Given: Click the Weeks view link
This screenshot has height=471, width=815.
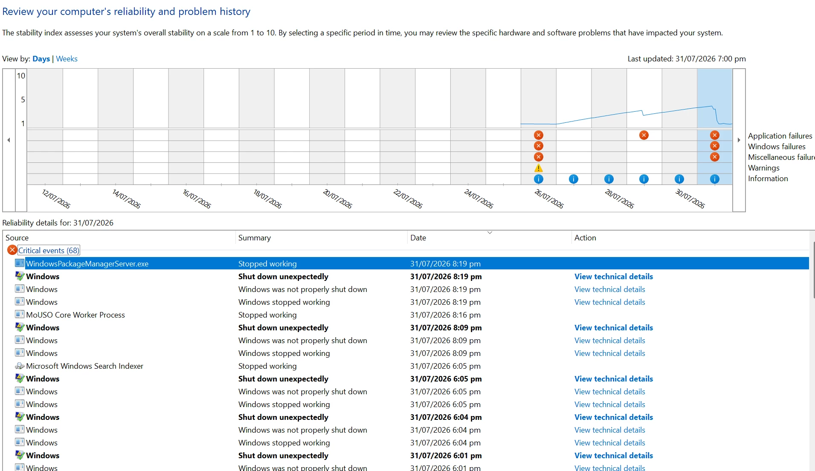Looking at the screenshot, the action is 67,59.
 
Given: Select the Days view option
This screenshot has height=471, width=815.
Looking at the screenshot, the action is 41,59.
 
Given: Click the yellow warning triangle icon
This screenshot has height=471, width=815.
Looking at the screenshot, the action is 539,168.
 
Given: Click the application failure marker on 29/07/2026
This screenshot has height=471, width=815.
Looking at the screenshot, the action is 644,135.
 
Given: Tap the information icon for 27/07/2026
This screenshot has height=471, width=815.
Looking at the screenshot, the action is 574,179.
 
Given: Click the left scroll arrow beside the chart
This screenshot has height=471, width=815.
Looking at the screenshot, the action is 9,140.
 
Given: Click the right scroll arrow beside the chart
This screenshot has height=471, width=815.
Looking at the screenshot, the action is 739,140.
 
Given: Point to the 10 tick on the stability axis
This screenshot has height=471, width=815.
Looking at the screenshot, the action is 21,76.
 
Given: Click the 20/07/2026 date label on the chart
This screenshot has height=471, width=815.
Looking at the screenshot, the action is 337,199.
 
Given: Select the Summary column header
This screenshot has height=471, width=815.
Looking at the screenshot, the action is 255,238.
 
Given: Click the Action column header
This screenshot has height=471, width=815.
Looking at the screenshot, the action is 585,238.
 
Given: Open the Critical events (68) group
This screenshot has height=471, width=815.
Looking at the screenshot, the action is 49,251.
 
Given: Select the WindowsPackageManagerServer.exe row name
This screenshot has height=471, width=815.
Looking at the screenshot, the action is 87,264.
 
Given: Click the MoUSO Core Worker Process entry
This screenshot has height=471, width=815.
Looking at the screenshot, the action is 75,315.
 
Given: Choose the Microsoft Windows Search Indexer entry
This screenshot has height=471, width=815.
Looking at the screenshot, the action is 84,366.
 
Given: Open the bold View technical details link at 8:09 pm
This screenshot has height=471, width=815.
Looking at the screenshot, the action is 614,328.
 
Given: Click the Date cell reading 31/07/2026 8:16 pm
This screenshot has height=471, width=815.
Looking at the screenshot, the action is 445,315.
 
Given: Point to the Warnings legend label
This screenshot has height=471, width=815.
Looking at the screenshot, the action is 763,168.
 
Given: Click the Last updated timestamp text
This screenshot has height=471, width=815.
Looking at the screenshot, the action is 687,59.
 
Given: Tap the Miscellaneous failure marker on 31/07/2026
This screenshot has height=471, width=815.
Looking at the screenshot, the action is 715,157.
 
